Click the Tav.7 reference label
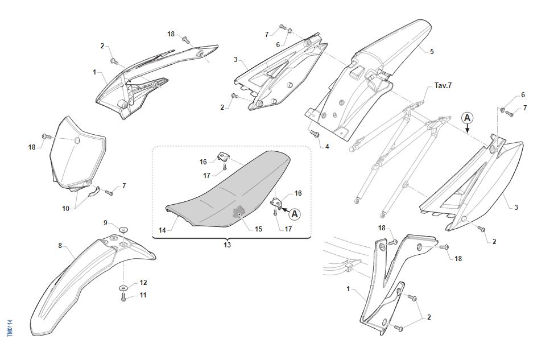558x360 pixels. [x=444, y=86]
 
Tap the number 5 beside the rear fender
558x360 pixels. [x=432, y=52]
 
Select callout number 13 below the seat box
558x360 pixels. [x=228, y=245]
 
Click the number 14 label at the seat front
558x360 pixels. [x=162, y=230]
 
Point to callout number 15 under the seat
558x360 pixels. [x=258, y=229]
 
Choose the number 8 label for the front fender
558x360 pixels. [x=60, y=246]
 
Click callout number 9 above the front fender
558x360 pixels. [x=105, y=222]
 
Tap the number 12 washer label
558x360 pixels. [x=143, y=283]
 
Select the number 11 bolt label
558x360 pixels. [x=143, y=295]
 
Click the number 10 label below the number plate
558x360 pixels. [x=65, y=209]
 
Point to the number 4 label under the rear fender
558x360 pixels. [x=327, y=146]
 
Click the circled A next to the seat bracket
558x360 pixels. [x=294, y=214]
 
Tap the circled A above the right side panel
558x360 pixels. [x=467, y=118]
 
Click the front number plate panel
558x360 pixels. [x=77, y=151]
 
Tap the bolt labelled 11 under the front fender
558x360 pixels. [x=123, y=297]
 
